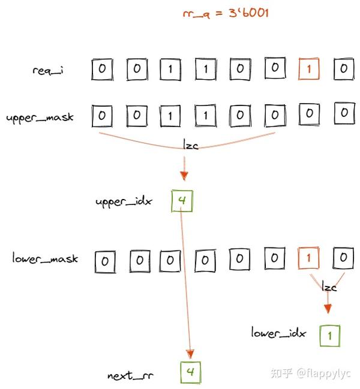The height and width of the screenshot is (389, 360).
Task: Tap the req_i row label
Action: pyautogui.click(x=49, y=70)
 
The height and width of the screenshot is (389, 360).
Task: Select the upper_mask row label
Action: pyautogui.click(x=40, y=117)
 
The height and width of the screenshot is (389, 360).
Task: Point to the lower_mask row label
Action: pyautogui.click(x=44, y=259)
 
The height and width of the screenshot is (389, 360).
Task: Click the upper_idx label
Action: pyautogui.click(x=124, y=201)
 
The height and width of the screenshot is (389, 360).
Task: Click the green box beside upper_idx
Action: pyautogui.click(x=182, y=201)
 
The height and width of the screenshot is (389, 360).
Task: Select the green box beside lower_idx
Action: pyautogui.click(x=329, y=335)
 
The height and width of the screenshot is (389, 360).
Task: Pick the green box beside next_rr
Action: pyautogui.click(x=191, y=373)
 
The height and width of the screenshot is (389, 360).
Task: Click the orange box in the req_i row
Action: pyautogui.click(x=309, y=69)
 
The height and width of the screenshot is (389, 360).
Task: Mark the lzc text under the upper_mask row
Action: pyautogui.click(x=190, y=144)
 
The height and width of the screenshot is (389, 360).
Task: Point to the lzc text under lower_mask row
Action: pyautogui.click(x=329, y=287)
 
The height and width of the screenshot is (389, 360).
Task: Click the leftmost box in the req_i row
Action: pyautogui.click(x=102, y=69)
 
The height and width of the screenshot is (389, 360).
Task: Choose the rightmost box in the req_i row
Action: pyautogui.click(x=344, y=69)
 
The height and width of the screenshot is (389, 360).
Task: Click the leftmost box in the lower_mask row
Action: pyautogui.click(x=104, y=260)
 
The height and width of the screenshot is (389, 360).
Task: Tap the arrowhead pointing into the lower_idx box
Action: pyautogui.click(x=328, y=309)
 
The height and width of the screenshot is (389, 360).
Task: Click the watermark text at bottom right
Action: pyautogui.click(x=311, y=373)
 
